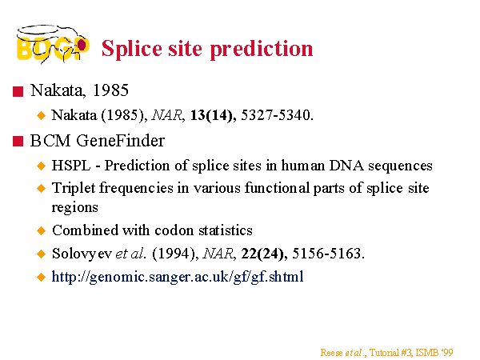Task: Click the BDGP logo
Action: [53, 44]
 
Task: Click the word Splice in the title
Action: [132, 49]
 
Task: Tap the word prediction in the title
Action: [262, 49]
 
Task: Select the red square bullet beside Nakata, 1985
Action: [18, 91]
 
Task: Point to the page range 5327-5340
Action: [277, 115]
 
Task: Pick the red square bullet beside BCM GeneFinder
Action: [18, 142]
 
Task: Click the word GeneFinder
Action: [120, 141]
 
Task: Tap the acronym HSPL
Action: [71, 166]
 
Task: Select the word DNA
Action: [346, 166]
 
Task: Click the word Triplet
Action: [74, 188]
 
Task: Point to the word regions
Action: [75, 208]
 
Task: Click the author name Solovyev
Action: [82, 254]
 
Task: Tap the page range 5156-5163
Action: [329, 254]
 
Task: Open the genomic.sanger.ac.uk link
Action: [178, 277]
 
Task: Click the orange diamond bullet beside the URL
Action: [41, 278]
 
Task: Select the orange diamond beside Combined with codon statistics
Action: [41, 231]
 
